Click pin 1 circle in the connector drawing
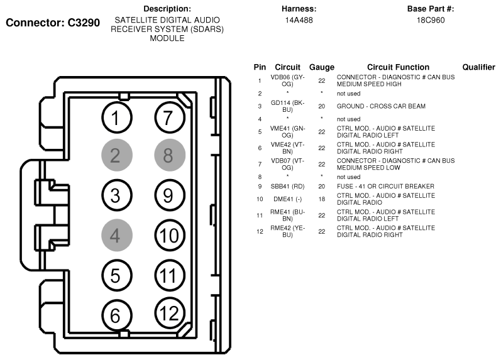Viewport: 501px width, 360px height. (114, 117)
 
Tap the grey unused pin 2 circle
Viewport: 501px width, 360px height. (114, 156)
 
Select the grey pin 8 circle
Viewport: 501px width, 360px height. (168, 155)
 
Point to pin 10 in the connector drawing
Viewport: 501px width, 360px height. (168, 236)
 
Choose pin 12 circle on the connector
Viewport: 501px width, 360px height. (168, 313)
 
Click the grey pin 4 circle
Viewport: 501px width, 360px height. (114, 236)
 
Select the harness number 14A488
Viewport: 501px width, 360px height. (299, 19)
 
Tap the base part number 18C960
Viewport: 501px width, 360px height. (430, 19)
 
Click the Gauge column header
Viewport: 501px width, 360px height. (321, 67)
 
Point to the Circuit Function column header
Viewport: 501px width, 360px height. (398, 67)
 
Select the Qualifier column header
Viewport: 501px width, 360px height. (480, 67)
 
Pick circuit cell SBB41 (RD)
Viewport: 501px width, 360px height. (287, 187)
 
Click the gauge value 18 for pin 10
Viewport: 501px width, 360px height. (321, 199)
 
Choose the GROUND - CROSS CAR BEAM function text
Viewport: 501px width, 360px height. (381, 106)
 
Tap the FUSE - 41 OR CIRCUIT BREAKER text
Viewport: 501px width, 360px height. (385, 187)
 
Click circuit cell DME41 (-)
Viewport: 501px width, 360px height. (287, 199)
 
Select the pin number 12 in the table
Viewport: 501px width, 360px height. (260, 231)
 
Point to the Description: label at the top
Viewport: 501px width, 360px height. (167, 9)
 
